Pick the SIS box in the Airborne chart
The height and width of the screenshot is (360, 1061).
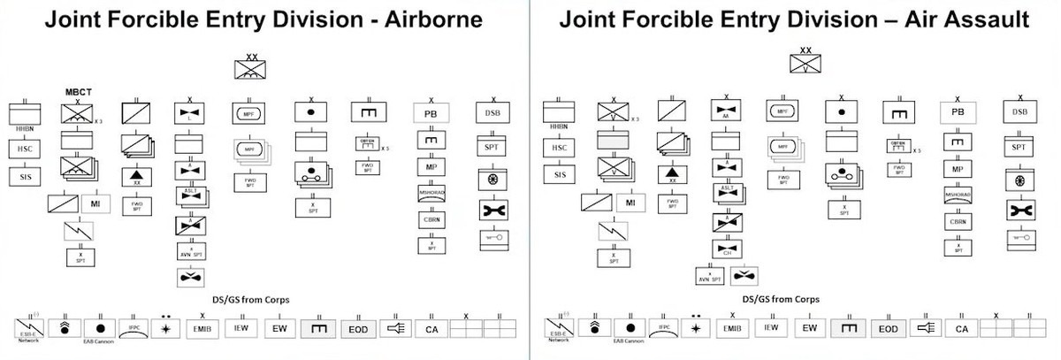(x=25, y=176)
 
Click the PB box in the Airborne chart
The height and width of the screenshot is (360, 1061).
(x=431, y=113)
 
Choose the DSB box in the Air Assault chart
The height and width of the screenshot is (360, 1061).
(x=1019, y=112)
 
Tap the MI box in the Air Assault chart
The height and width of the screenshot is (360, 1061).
(x=630, y=203)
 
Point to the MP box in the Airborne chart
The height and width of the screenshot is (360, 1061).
(x=431, y=167)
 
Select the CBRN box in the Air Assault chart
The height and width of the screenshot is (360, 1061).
(x=957, y=221)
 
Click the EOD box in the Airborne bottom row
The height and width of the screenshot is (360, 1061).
(x=359, y=329)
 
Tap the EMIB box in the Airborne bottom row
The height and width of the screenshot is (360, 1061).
(x=202, y=329)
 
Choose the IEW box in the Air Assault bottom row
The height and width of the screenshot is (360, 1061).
(x=771, y=328)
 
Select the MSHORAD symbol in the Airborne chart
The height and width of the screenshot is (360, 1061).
(x=431, y=194)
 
